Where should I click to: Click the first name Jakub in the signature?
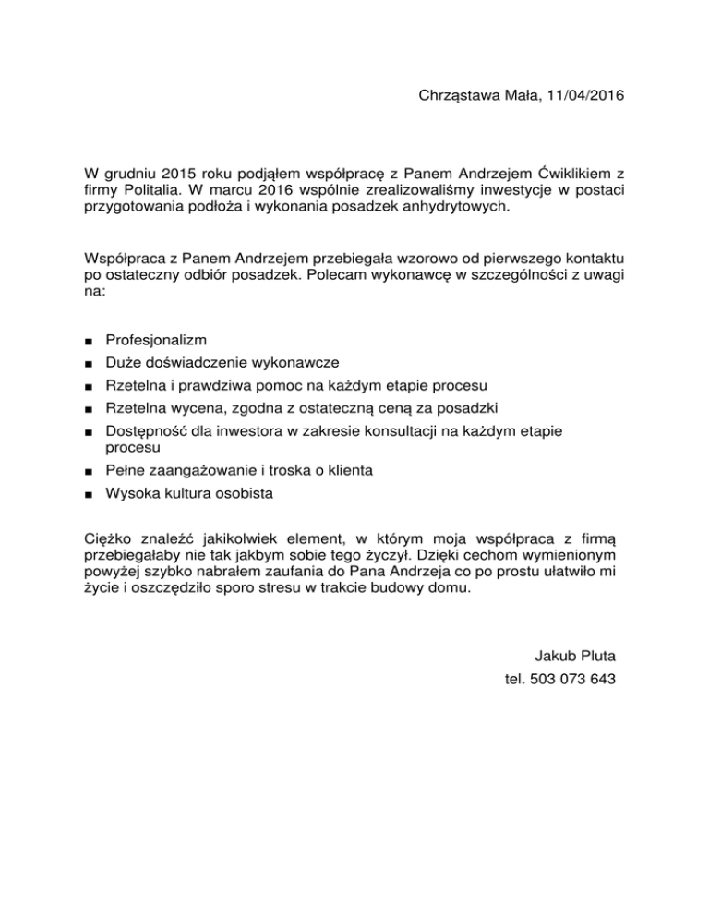pyautogui.click(x=554, y=657)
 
